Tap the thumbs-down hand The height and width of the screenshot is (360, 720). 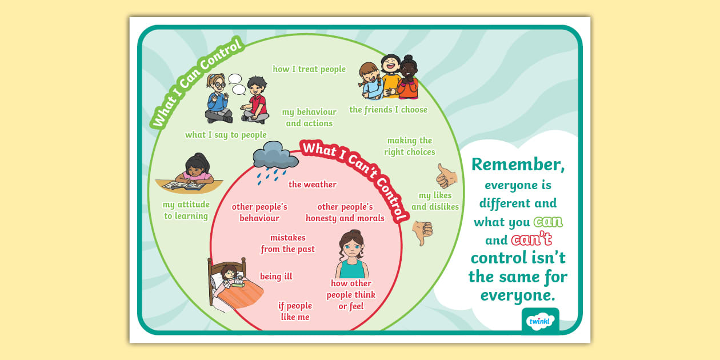coord(423,232)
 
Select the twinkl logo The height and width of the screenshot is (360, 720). coord(540,321)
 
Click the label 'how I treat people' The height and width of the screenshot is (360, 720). coord(309,69)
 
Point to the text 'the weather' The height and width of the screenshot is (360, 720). coord(313,185)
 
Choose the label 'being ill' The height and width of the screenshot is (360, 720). coord(276,277)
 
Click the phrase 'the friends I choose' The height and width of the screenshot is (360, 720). coord(388,110)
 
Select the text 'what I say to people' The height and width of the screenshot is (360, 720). coord(226,135)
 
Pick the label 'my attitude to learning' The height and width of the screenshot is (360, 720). coord(186,210)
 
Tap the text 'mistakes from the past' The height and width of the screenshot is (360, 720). coord(287,243)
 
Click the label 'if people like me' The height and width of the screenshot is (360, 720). coord(295,311)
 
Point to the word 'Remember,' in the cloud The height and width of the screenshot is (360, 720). coord(518,165)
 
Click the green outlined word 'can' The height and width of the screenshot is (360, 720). coord(548,222)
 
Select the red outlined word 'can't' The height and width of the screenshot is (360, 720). coord(531,239)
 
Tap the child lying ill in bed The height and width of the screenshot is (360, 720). coord(232,277)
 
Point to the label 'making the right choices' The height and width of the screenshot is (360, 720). coord(409,146)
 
